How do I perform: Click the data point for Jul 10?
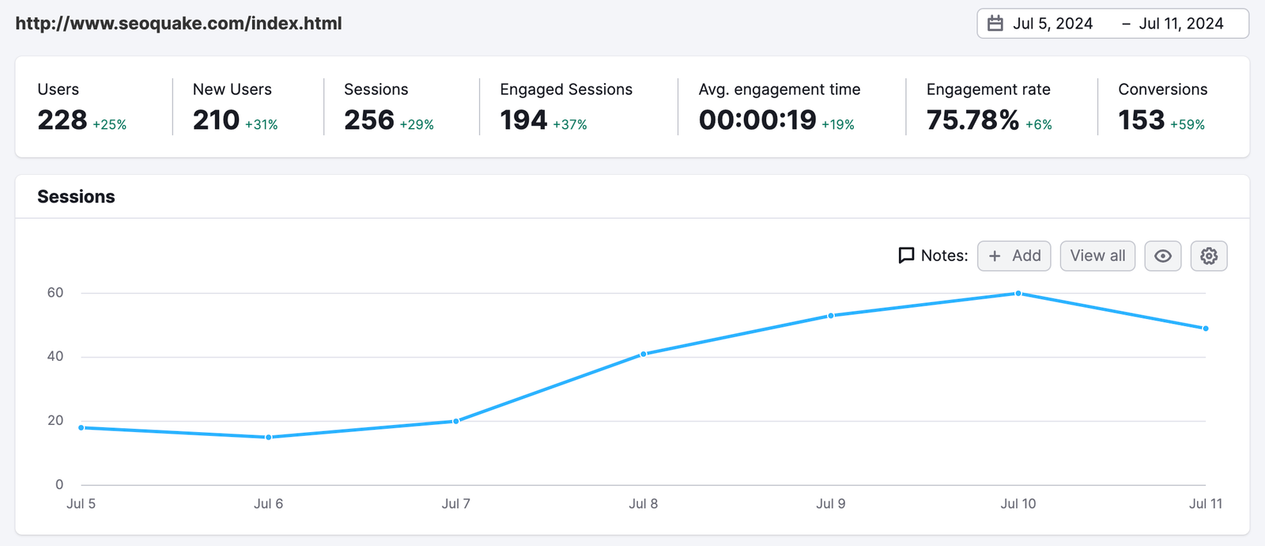(1018, 294)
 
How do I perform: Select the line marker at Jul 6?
(269, 437)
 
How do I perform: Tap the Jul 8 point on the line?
(644, 354)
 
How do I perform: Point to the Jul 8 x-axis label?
(644, 503)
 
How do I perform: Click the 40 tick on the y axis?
(55, 356)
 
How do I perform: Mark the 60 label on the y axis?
(55, 292)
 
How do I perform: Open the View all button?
(1097, 256)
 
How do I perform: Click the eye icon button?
(1163, 256)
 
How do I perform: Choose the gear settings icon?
(1209, 256)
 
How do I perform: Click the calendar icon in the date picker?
(995, 24)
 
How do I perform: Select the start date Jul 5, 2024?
(1053, 24)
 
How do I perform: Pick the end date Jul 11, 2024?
(1181, 24)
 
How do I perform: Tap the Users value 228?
(62, 120)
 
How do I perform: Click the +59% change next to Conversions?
(1188, 125)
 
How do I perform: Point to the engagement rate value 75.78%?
(972, 120)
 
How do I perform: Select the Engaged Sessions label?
(566, 89)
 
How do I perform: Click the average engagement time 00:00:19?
(757, 120)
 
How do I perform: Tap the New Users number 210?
(216, 120)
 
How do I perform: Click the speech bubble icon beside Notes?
(906, 256)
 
